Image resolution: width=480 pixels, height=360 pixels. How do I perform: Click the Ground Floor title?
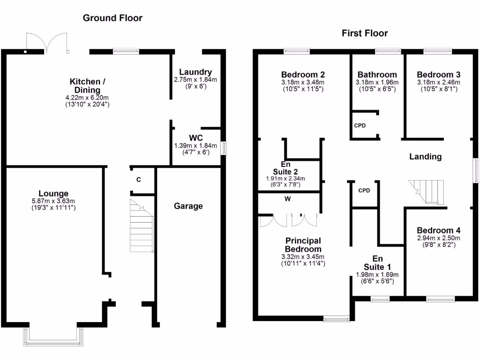pyautogui.click(x=112, y=18)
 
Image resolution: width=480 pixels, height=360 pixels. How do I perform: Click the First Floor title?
pyautogui.click(x=365, y=33)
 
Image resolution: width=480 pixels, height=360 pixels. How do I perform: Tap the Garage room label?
pyautogui.click(x=188, y=206)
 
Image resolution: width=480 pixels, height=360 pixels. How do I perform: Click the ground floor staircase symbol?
pyautogui.click(x=142, y=227)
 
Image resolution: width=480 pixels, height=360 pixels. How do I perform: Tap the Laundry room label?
pyautogui.click(x=195, y=72)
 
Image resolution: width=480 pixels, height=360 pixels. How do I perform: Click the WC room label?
pyautogui.click(x=195, y=138)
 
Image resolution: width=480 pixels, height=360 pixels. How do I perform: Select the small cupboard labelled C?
pyautogui.click(x=138, y=180)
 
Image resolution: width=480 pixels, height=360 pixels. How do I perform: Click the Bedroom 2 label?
pyautogui.click(x=302, y=75)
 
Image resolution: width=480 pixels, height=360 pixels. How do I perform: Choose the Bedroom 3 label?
pyautogui.click(x=438, y=75)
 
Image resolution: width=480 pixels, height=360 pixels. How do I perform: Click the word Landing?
pyautogui.click(x=425, y=157)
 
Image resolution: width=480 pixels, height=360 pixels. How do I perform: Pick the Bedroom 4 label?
pyautogui.click(x=438, y=230)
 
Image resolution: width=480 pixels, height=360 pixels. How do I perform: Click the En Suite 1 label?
pyautogui.click(x=377, y=262)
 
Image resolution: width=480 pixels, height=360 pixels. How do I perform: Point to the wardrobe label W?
pyautogui.click(x=287, y=198)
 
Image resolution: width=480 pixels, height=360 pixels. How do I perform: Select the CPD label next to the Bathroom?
pyautogui.click(x=360, y=126)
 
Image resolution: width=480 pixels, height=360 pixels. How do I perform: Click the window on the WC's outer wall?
pyautogui.click(x=224, y=149)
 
